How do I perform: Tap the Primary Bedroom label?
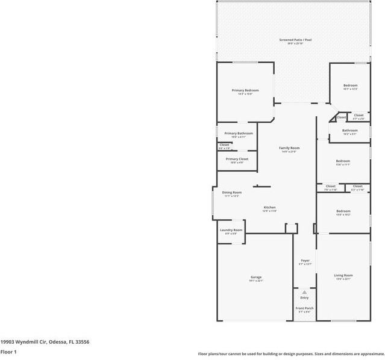pos(245,90)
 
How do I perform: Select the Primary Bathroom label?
pos(239,133)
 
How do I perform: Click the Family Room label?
pos(289,147)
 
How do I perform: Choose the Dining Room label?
pos(233,193)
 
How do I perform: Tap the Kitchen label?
pos(269,208)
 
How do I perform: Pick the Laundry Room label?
pos(231,230)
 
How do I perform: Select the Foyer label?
pos(305,261)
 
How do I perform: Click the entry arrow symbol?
pos(304,292)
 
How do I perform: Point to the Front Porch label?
pos(304,308)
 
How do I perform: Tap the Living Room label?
pos(343,275)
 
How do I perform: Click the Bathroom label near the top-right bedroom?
pos(350,130)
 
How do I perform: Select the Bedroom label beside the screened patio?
pos(350,85)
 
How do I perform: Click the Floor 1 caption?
pos(8,352)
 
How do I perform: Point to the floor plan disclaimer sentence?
pos(291,354)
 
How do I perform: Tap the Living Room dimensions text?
pos(343,279)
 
